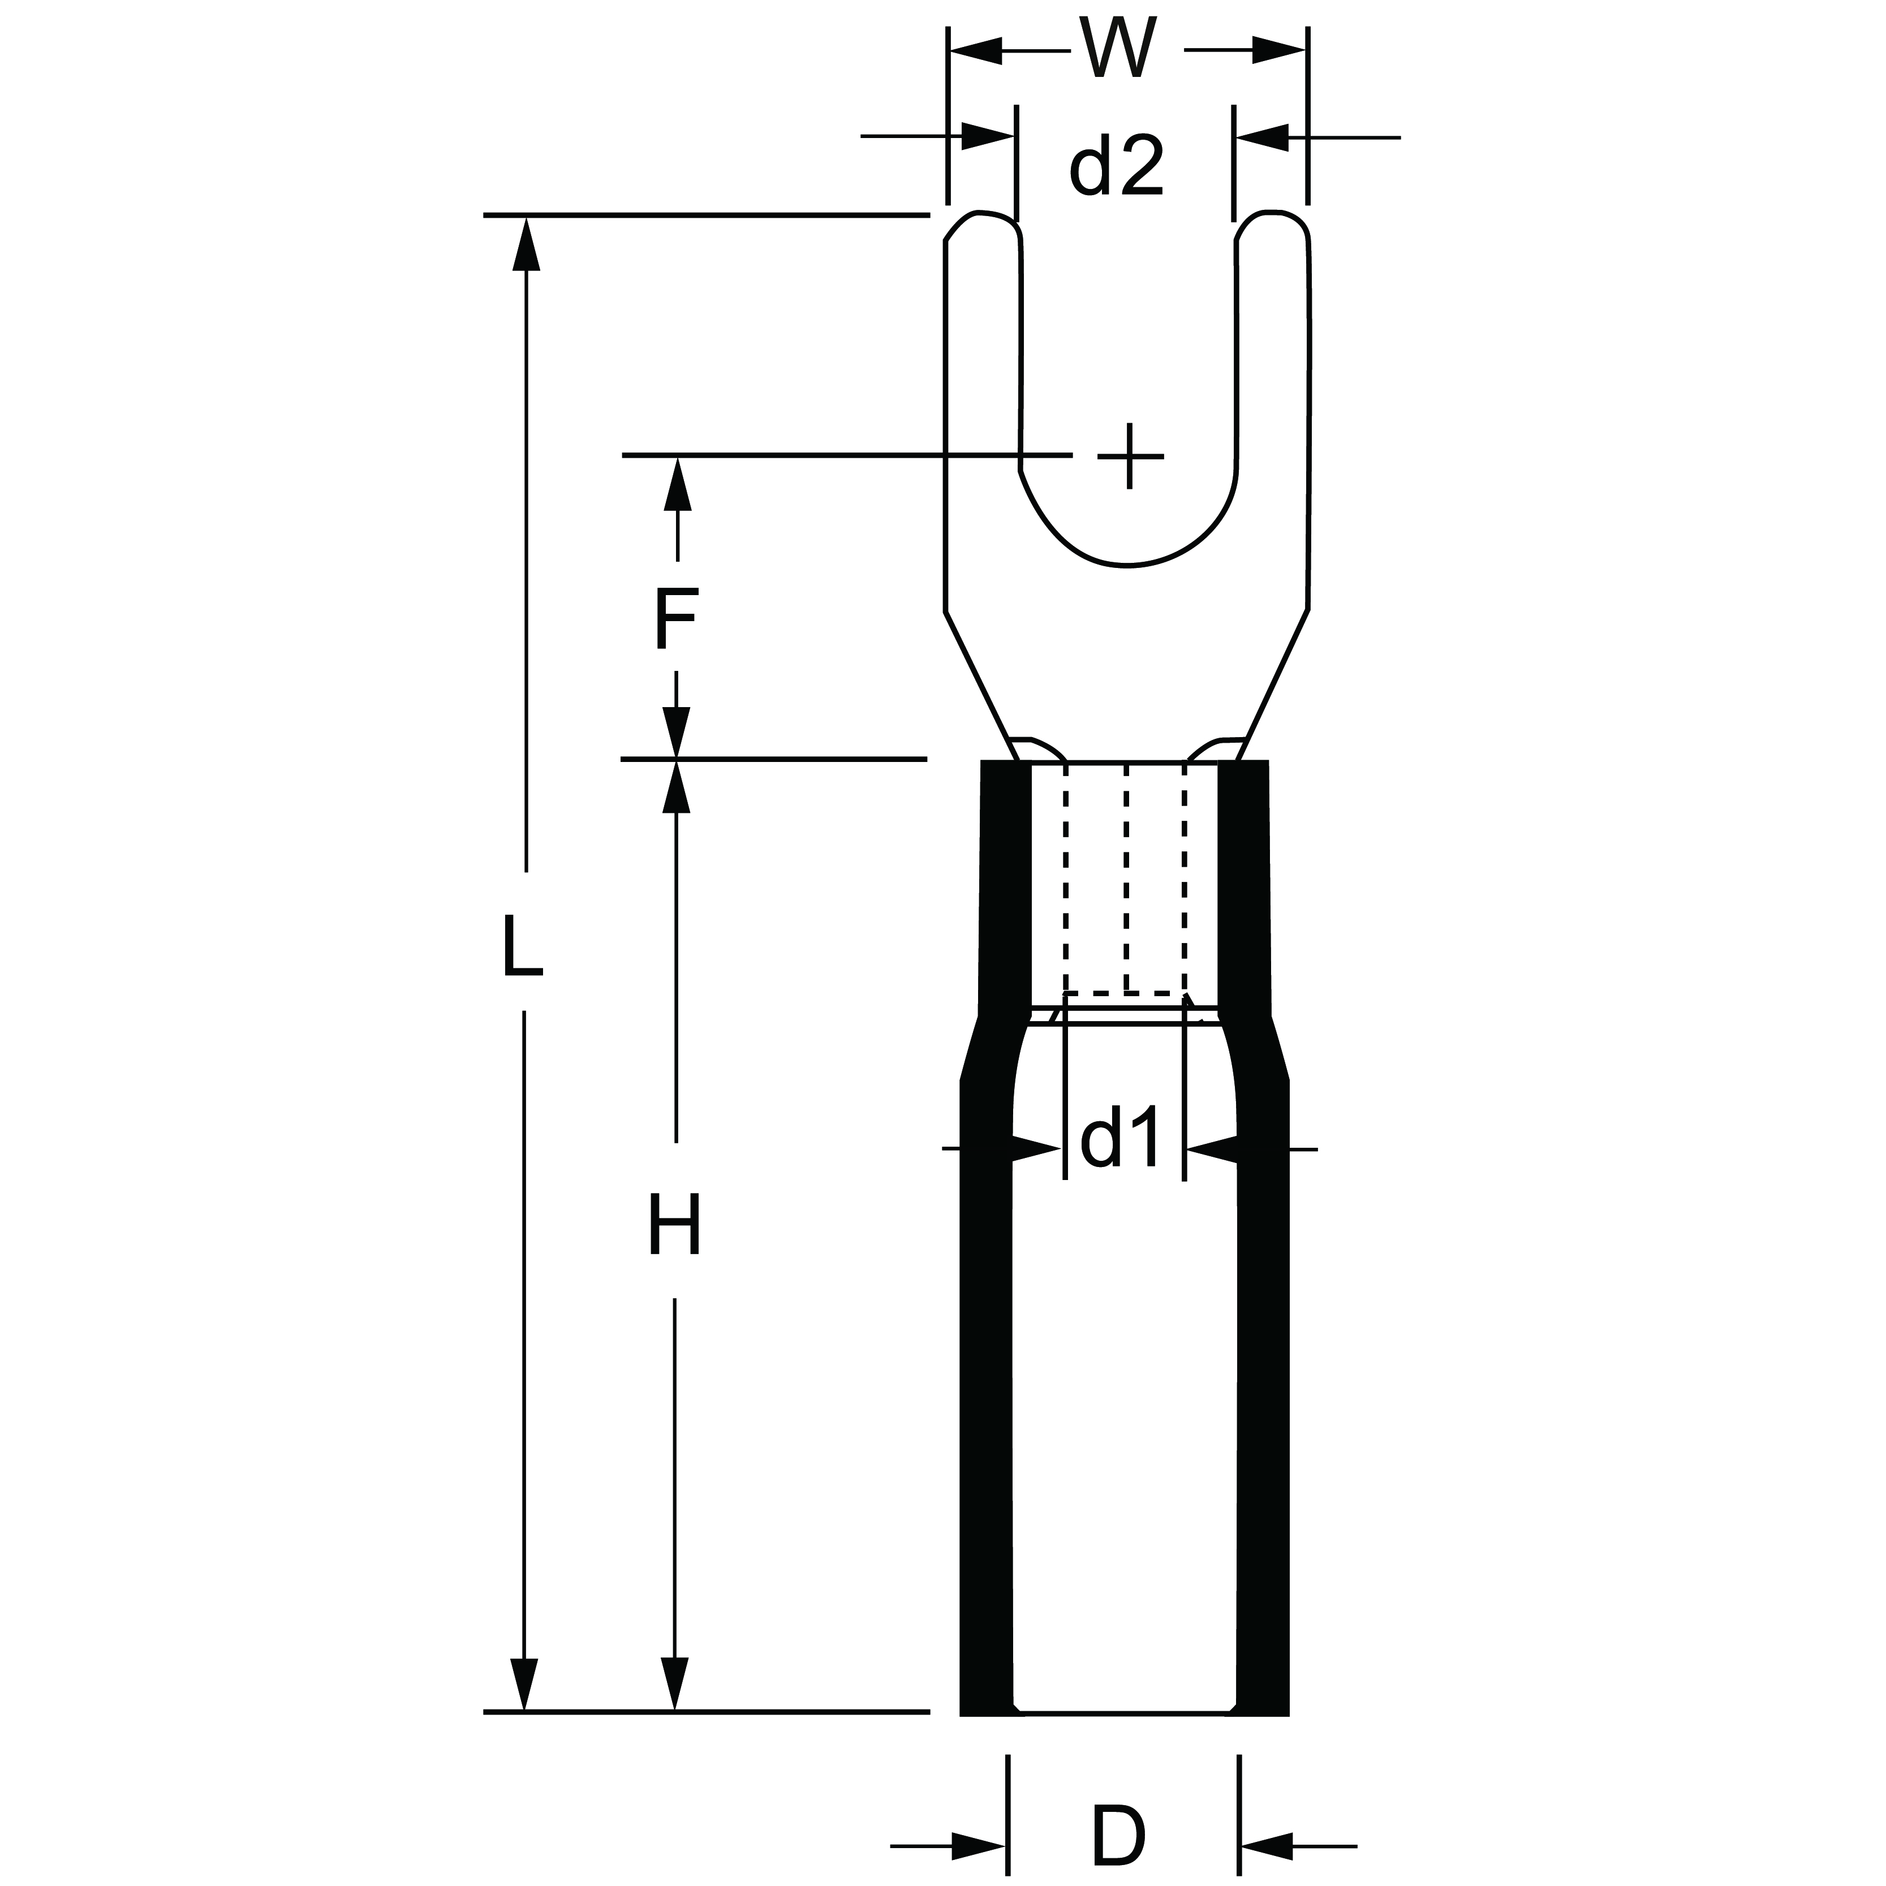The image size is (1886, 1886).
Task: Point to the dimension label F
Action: (674, 617)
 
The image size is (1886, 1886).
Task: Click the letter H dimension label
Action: (674, 1224)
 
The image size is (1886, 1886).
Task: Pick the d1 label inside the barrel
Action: (1122, 1136)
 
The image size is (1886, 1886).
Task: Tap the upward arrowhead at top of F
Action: (677, 484)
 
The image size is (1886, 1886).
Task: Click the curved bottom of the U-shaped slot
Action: (1129, 563)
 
